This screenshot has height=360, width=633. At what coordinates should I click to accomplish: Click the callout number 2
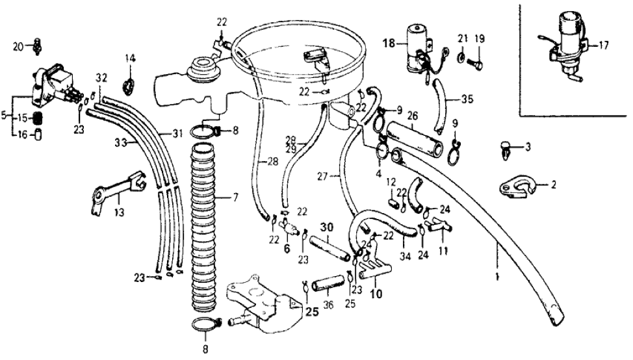[x=553, y=185]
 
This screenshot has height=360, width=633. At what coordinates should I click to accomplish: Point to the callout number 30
[x=326, y=227]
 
